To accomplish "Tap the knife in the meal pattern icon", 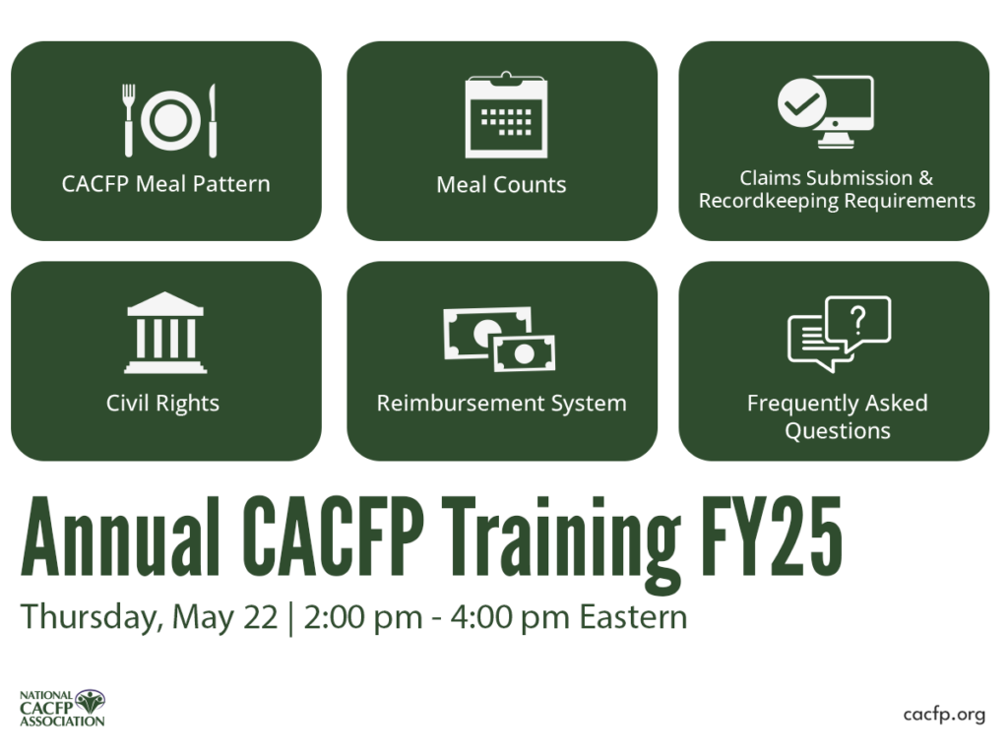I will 212,120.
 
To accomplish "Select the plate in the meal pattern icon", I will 169,120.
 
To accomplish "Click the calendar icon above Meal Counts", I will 506,115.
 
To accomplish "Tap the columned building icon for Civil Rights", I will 165,333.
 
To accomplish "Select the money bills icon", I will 500,338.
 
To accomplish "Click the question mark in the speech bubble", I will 857,318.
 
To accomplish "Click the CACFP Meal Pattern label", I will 165,184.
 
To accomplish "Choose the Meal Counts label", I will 501,184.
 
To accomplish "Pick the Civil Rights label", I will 162,403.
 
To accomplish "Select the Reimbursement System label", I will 501,403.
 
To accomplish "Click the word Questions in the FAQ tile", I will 837,431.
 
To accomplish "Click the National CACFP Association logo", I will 62,708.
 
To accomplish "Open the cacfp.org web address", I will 943,715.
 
